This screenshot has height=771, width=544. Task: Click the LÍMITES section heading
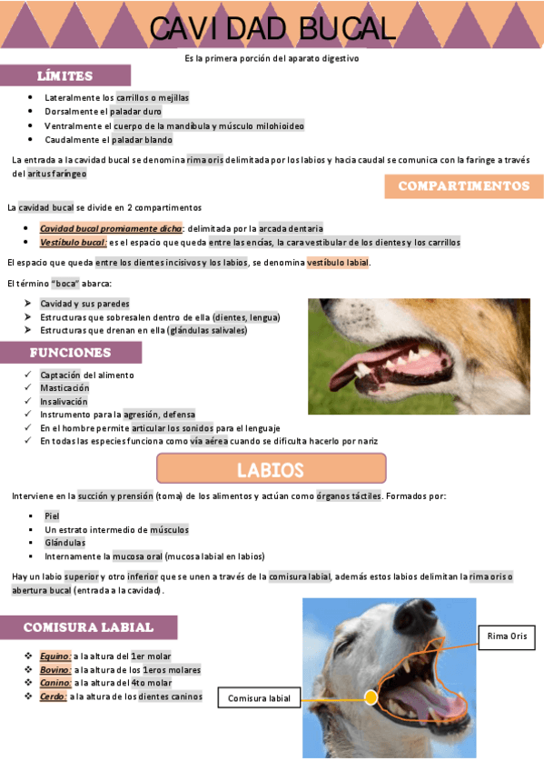(x=64, y=75)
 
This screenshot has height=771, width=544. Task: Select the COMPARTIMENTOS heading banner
(x=463, y=186)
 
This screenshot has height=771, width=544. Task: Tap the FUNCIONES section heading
(x=70, y=352)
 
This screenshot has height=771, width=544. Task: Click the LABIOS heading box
(x=271, y=469)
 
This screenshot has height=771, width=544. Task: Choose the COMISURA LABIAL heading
(x=88, y=627)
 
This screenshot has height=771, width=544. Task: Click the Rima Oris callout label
(x=507, y=636)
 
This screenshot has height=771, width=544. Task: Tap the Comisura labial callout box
(x=259, y=698)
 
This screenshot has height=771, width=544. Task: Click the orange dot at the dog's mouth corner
(x=371, y=697)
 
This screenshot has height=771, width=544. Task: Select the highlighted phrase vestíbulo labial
(x=338, y=263)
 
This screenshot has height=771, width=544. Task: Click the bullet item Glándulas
(x=65, y=542)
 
